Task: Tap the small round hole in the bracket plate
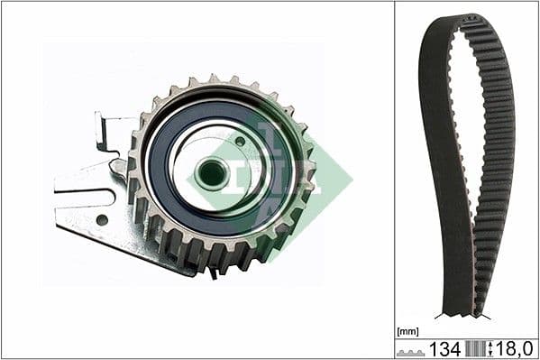102,218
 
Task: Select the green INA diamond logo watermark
270,176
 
